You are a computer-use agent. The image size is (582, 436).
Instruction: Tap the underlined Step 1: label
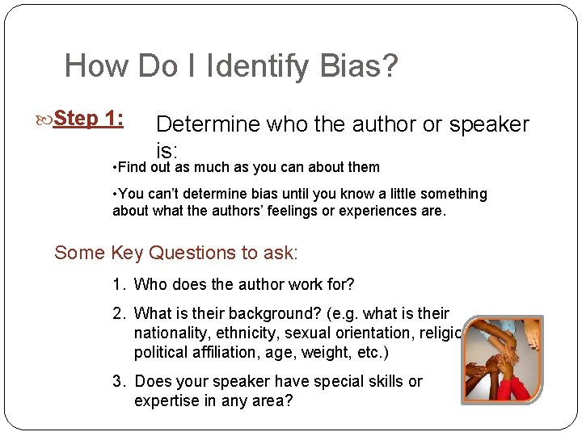pyautogui.click(x=88, y=119)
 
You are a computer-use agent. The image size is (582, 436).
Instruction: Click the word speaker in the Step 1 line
pyautogui.click(x=489, y=124)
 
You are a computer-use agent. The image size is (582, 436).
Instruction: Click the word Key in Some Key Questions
pyautogui.click(x=126, y=253)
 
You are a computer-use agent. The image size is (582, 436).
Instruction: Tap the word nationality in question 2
pyautogui.click(x=170, y=333)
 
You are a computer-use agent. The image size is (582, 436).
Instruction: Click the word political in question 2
pyautogui.click(x=162, y=352)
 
